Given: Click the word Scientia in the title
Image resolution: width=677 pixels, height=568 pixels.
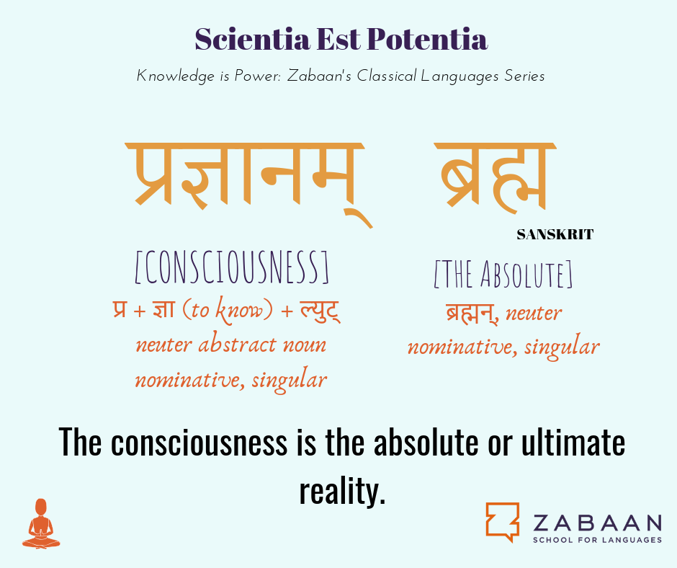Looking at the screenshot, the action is coord(253,39).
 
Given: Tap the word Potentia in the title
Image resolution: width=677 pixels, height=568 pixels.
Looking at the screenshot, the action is coord(428,39).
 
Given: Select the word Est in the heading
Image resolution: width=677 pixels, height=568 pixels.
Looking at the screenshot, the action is coord(339,39).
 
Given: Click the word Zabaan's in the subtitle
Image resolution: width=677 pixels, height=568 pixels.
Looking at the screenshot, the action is coord(320,76).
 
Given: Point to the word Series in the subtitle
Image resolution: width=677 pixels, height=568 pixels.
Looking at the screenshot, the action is coord(524,76).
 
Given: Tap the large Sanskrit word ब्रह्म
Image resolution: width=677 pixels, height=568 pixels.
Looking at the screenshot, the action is coord(496,177).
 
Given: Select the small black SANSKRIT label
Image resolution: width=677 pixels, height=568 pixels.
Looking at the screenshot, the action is coord(555,234).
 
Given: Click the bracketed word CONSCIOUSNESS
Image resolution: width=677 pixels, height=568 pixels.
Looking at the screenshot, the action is coord(232,267).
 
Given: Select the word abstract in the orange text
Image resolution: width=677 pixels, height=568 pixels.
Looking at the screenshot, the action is coord(237,345).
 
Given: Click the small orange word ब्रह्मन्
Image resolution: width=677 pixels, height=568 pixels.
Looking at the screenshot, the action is coord(472,313).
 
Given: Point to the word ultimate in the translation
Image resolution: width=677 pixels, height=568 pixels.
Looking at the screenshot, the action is coord(573,442).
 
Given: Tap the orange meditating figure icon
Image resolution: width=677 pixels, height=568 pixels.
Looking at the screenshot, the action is coord(41,523).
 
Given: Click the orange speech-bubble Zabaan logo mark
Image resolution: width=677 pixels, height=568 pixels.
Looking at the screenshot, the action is coord(503,522).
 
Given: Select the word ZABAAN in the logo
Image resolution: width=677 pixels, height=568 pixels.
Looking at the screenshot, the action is coord(598,523).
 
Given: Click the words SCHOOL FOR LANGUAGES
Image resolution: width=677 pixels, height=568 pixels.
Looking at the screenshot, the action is coord(598,540).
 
